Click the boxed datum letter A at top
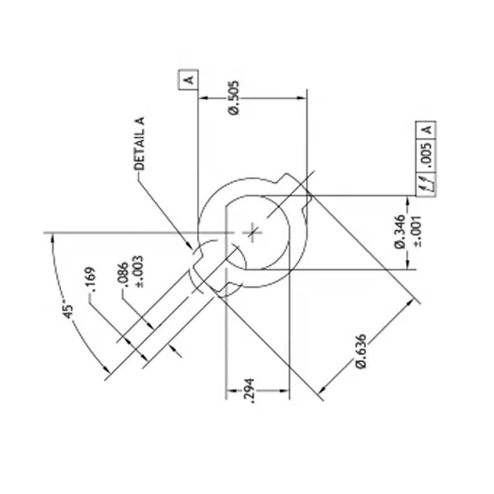point(189,79)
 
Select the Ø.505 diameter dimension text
point(234,100)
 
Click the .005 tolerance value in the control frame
point(427,156)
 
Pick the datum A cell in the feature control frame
point(427,129)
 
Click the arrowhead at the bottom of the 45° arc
point(107,375)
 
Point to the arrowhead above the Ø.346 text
point(408,200)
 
